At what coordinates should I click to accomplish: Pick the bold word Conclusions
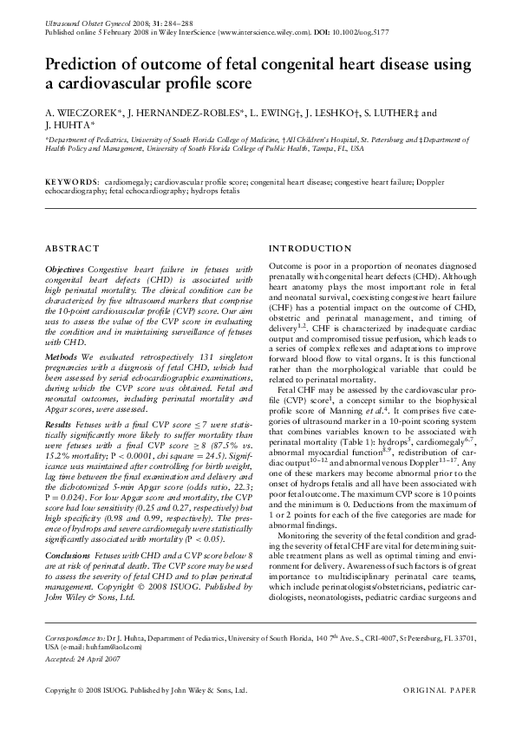tap(69, 554)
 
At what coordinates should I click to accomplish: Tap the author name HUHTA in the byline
tap(70, 126)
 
